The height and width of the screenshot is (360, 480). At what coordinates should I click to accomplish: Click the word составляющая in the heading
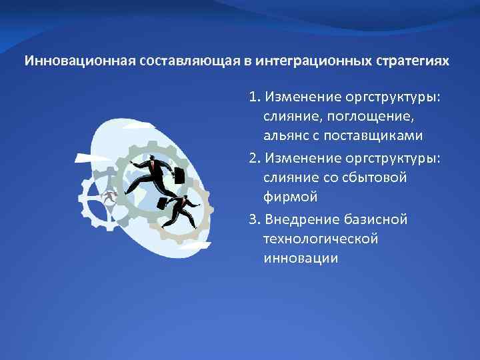tap(175, 61)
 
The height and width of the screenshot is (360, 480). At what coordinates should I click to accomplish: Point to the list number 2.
tap(254, 160)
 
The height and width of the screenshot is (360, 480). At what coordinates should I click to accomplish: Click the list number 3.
tap(254, 220)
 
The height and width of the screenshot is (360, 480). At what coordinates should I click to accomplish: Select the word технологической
tap(321, 239)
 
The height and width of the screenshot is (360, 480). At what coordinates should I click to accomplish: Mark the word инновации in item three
tap(300, 257)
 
